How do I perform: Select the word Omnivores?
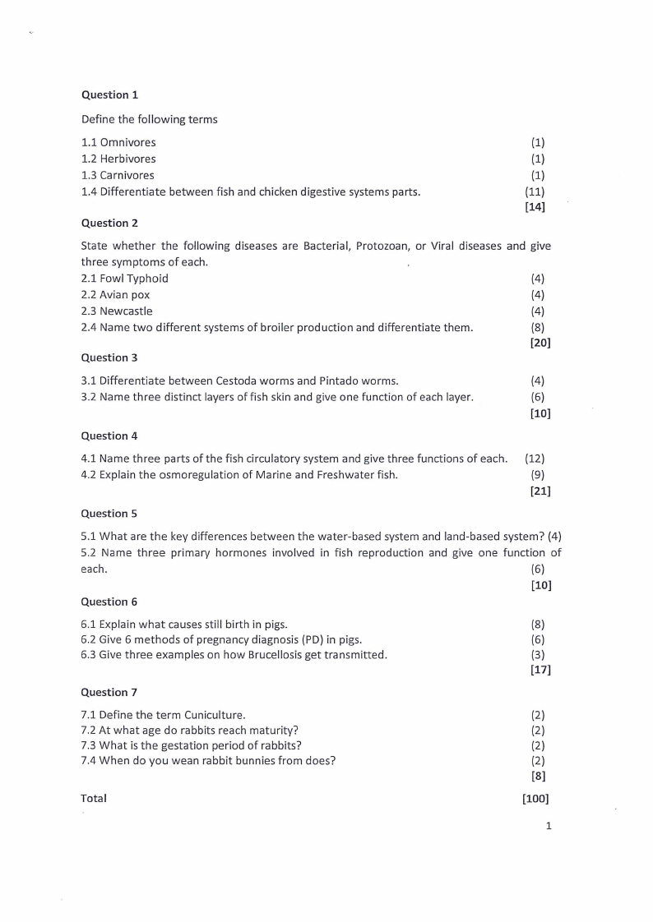pos(127,142)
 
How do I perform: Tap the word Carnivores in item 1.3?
pos(127,175)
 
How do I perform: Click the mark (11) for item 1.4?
pos(535,191)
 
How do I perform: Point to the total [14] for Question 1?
pos(535,207)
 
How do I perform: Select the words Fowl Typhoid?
pos(133,279)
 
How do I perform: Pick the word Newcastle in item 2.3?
pos(126,311)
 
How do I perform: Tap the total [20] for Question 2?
pos(540,343)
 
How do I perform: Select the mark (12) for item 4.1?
pos(535,459)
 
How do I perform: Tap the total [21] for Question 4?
pos(540,491)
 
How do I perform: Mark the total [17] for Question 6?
pos(540,671)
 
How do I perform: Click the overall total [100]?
pos(535,798)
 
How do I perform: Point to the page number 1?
pos(548,826)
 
